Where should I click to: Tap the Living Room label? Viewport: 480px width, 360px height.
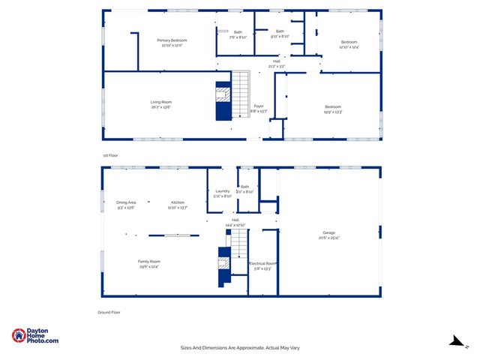(x=161, y=104)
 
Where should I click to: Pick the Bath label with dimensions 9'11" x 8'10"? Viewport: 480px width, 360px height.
(x=280, y=33)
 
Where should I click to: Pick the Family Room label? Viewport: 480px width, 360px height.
(x=148, y=263)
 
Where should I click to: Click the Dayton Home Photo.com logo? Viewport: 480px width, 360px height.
(x=35, y=337)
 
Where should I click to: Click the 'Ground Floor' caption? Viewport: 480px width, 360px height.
(x=109, y=311)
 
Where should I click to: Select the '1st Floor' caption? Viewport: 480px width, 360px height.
(x=110, y=155)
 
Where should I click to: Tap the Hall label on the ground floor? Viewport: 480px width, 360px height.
(x=235, y=223)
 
